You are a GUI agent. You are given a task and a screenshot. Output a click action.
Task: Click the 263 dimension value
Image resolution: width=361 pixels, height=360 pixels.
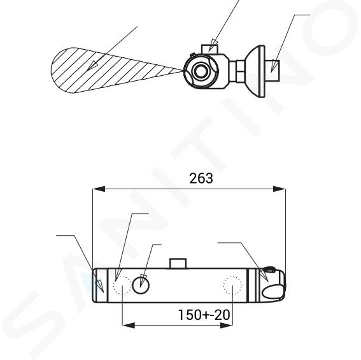pyautogui.click(x=201, y=178)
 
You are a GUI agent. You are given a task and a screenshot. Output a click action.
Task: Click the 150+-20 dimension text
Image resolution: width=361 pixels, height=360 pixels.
pyautogui.click(x=204, y=315)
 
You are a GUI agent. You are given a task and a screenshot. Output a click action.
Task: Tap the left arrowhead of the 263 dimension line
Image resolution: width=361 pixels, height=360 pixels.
pyautogui.click(x=99, y=189)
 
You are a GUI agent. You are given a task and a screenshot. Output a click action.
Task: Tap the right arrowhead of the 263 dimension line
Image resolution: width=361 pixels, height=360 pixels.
pyautogui.click(x=279, y=189)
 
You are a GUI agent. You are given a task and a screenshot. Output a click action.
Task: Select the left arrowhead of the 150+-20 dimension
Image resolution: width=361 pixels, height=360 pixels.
pyautogui.click(x=129, y=326)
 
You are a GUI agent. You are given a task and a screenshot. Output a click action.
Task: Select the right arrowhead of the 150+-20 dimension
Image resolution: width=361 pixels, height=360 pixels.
pyautogui.click(x=226, y=326)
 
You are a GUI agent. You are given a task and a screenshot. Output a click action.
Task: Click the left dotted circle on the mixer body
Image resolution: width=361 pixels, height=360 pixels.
pyautogui.click(x=122, y=285)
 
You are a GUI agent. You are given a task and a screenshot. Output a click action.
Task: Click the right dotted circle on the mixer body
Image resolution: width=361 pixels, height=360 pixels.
pyautogui.click(x=232, y=285)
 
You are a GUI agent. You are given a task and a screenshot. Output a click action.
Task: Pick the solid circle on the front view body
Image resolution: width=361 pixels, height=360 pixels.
pyautogui.click(x=141, y=285)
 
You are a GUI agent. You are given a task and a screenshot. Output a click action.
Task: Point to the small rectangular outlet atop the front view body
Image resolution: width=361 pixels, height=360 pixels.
pyautogui.click(x=178, y=263)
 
